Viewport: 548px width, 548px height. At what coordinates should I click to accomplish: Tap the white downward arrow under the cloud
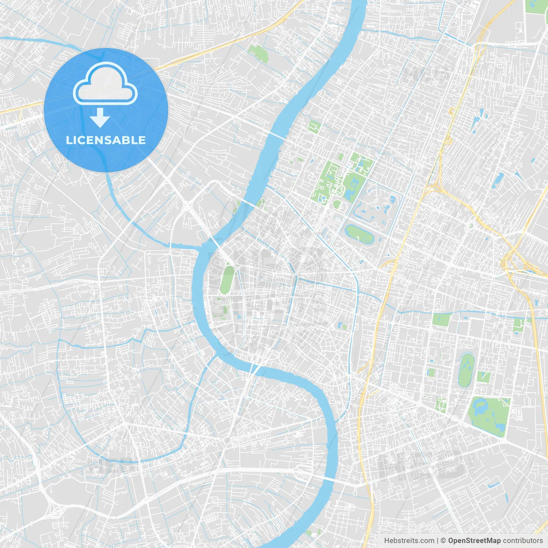coord(100,118)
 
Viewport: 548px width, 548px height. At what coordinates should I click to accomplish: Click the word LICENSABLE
coord(106,140)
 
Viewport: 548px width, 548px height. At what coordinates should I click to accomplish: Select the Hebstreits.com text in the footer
coord(409,541)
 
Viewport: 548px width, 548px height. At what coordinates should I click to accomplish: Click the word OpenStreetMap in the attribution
coord(474,541)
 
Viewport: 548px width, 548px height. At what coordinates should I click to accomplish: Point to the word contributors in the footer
coord(523,541)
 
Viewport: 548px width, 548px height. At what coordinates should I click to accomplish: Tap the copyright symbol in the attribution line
coord(443,541)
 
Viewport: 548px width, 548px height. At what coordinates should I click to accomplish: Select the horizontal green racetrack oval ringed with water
coord(360,234)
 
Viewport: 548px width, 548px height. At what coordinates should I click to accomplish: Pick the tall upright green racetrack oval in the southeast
coord(466,370)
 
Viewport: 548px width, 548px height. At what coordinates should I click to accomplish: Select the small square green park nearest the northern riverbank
coord(314,126)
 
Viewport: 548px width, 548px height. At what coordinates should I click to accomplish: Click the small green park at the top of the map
coord(258,54)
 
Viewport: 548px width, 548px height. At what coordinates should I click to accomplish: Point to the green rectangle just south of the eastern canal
coord(441,319)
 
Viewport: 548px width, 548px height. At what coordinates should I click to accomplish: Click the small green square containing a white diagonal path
coord(484,377)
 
